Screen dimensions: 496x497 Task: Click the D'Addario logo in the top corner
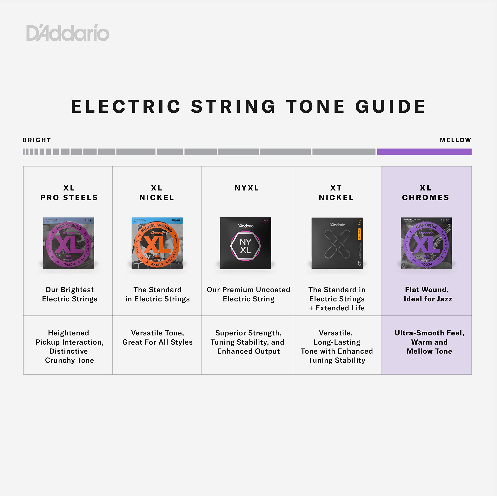(x=68, y=33)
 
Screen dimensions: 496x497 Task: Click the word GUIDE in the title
(x=390, y=107)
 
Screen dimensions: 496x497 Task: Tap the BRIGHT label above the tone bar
(x=37, y=140)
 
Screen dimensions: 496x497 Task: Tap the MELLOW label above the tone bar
(x=455, y=140)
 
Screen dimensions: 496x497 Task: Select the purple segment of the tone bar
(x=424, y=152)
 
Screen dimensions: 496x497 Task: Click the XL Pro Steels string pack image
(x=69, y=243)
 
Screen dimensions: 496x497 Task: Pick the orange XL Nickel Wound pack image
(x=157, y=243)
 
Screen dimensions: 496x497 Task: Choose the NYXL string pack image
(x=245, y=243)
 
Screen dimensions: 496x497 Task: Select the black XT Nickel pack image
(x=337, y=243)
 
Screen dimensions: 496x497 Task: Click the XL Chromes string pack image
(x=426, y=243)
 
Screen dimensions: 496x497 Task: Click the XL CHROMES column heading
(x=426, y=193)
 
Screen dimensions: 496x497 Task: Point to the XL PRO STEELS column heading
(x=69, y=193)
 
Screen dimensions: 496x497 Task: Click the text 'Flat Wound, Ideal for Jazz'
(x=427, y=294)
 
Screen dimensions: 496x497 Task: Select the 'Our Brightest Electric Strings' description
(x=70, y=294)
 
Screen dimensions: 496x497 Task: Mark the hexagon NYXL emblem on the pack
(x=245, y=246)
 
